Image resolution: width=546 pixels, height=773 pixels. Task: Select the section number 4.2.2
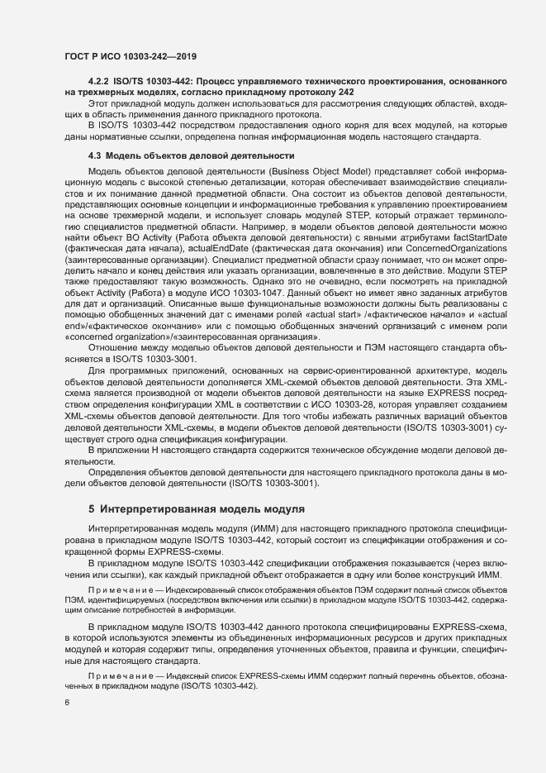point(99,83)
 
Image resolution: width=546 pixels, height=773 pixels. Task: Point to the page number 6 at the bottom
point(67,703)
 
